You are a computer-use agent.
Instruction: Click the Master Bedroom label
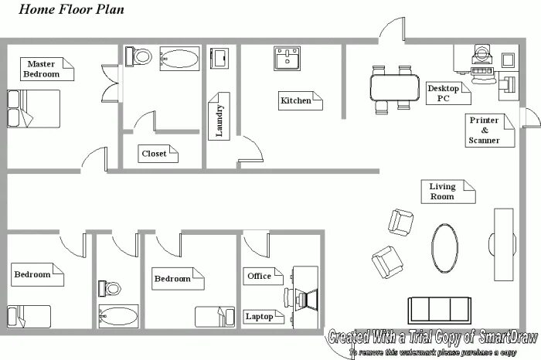tap(47, 69)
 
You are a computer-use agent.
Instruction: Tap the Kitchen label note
tap(300, 100)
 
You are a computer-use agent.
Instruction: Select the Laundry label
tap(219, 116)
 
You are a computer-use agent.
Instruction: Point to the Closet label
tap(158, 154)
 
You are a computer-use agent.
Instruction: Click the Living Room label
tap(448, 192)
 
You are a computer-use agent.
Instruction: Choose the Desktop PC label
tap(448, 93)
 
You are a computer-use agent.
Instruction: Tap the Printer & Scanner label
tap(489, 131)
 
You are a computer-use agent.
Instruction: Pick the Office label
tap(263, 277)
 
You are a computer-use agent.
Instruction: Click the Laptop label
tap(264, 317)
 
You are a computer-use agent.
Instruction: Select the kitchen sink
tap(287, 58)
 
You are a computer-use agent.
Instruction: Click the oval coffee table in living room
tap(444, 248)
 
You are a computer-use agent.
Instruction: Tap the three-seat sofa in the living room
tap(440, 311)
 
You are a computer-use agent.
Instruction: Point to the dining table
tap(395, 87)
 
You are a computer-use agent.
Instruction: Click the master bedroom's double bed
tap(33, 109)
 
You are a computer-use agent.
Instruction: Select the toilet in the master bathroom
tap(138, 56)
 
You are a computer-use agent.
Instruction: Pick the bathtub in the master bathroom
tap(179, 59)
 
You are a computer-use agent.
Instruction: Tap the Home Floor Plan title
tap(71, 9)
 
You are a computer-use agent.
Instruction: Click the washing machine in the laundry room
tap(219, 58)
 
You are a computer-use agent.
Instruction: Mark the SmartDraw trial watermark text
tap(433, 341)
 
